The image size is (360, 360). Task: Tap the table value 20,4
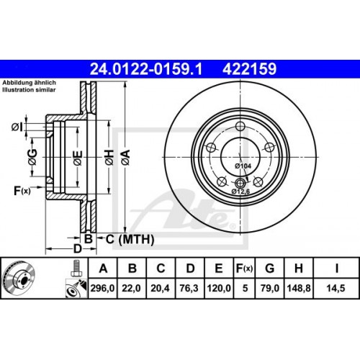pos(161,289)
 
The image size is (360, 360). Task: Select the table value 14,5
pos(335,289)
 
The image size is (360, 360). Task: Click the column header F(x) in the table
pos(243,269)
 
